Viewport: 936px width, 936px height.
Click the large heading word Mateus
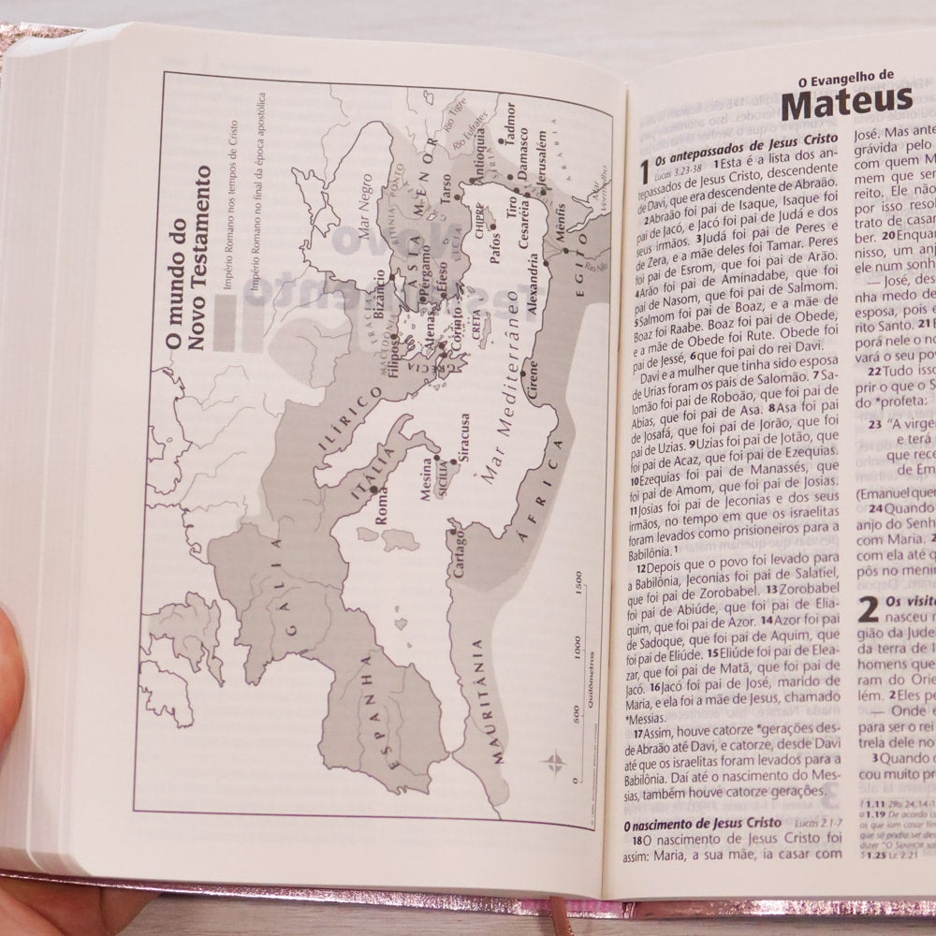[x=846, y=101]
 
